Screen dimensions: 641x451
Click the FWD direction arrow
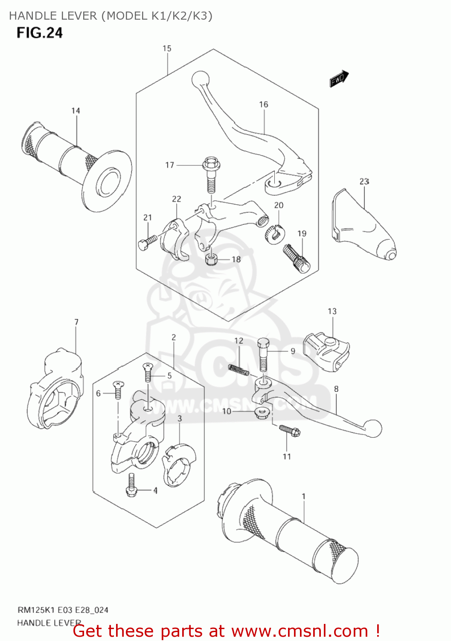339,78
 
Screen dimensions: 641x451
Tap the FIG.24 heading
39,33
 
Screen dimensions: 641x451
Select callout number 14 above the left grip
76,111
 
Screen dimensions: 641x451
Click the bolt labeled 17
211,175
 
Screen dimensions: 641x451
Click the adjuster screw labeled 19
296,259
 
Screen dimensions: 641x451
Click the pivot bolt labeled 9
263,354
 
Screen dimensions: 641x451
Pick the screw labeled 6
118,390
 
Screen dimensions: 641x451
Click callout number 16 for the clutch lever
264,104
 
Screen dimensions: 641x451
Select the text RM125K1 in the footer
34,610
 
